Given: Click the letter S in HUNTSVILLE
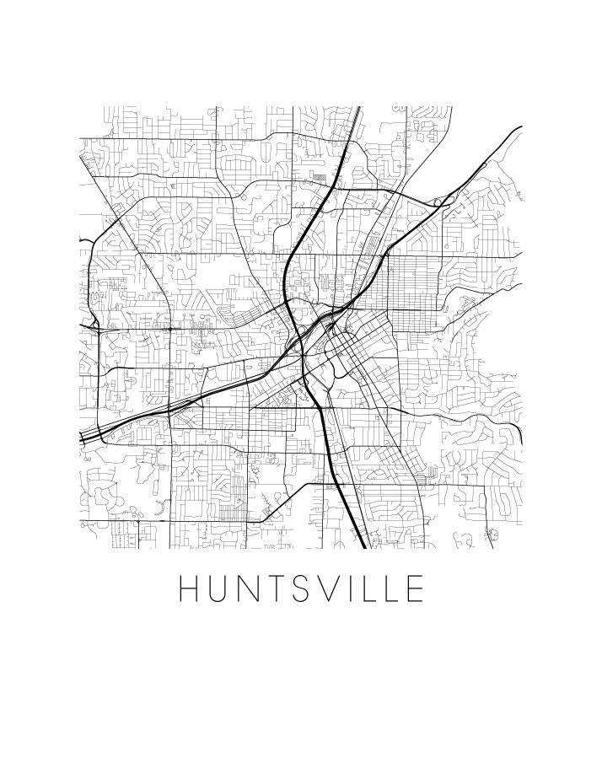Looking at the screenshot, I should (305, 589).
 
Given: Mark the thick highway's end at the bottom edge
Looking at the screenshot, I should (363, 546).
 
